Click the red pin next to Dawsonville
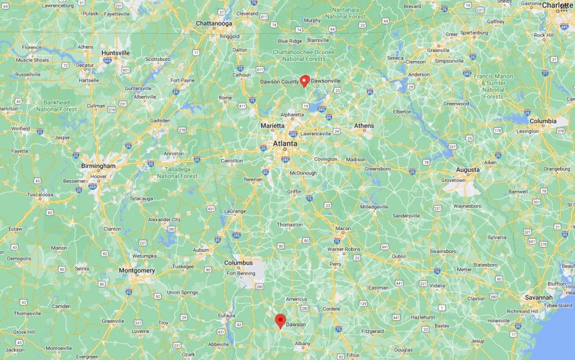point(304,81)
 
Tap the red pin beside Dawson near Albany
point(280,321)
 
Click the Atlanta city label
point(285,143)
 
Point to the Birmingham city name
point(95,165)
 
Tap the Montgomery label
point(137,270)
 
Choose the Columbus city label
point(239,263)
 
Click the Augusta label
point(467,169)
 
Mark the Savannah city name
point(539,297)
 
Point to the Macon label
point(343,228)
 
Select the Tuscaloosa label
point(40,194)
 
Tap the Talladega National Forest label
point(177,173)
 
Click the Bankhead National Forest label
point(56,106)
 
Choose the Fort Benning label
point(241,273)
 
